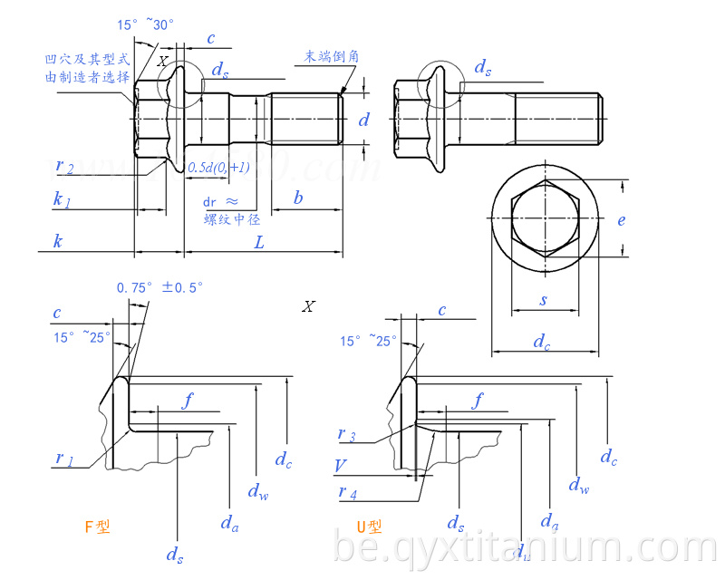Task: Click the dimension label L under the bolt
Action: point(259,242)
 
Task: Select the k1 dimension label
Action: point(62,200)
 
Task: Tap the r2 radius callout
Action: point(64,166)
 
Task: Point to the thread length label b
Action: point(298,198)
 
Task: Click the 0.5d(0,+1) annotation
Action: point(218,168)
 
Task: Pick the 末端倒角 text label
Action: point(332,56)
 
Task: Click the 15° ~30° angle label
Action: point(145,25)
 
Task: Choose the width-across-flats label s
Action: point(544,299)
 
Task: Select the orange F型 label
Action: point(97,527)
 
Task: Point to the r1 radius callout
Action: point(63,459)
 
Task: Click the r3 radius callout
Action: point(346,435)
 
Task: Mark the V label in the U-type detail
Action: point(340,466)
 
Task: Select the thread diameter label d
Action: point(363,119)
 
